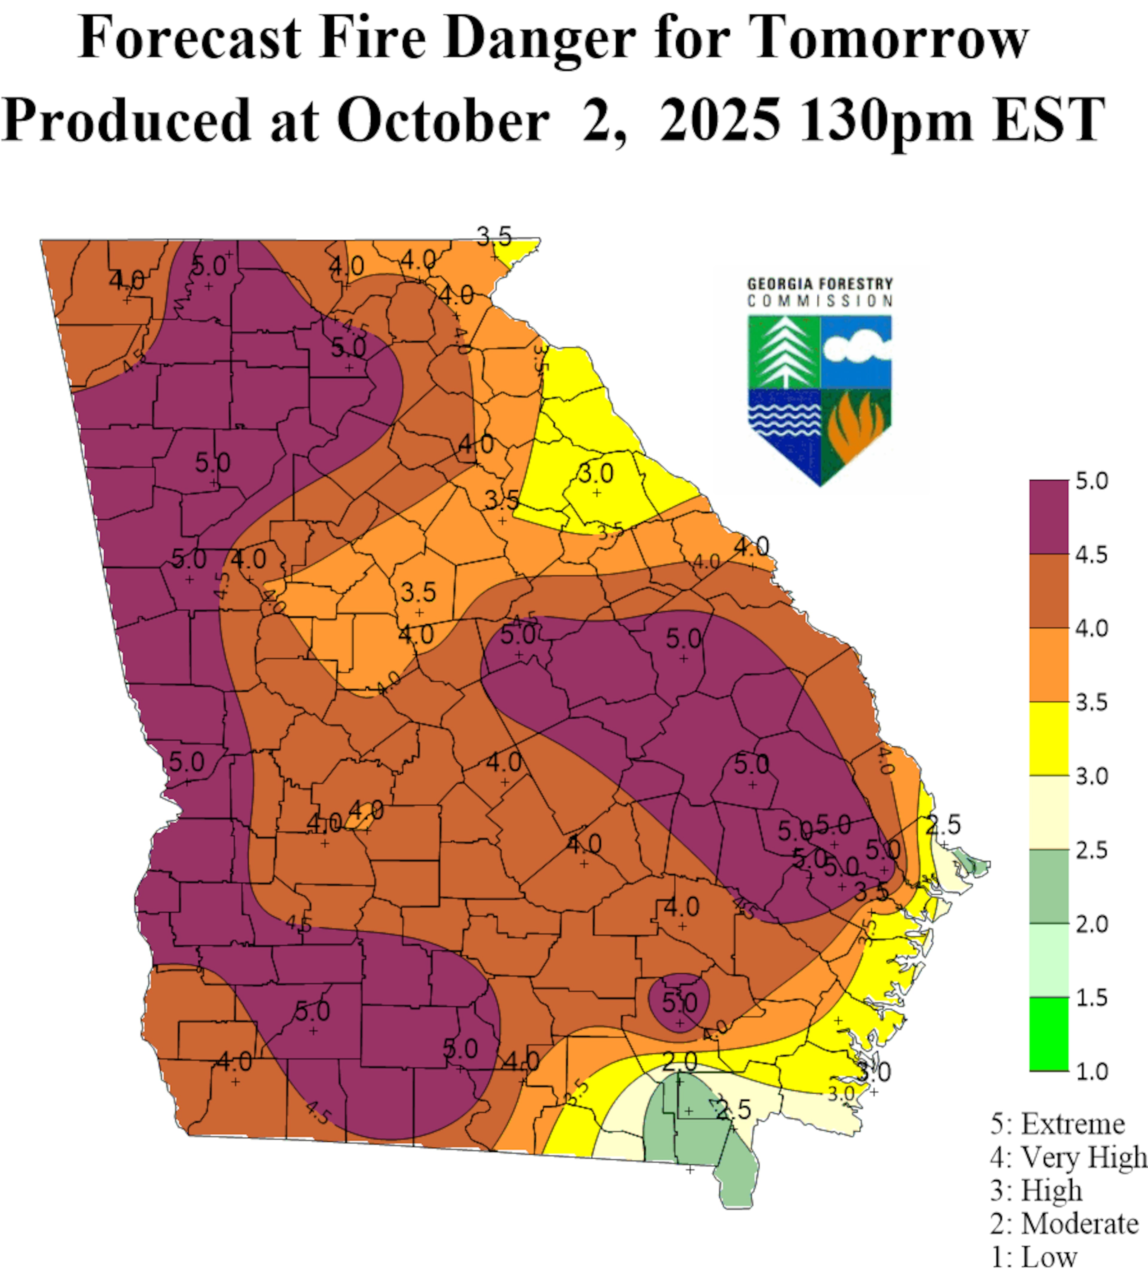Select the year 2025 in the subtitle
719,120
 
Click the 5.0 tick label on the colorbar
1092,481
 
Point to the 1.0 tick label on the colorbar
1092,1071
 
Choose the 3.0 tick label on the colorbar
1092,776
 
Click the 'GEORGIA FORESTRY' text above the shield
820,284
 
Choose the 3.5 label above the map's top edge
494,237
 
